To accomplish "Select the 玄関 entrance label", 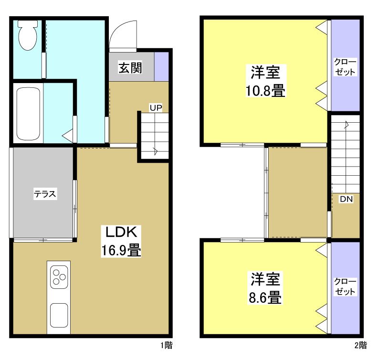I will pyautogui.click(x=130, y=68).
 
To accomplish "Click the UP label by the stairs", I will pyautogui.click(x=156, y=107).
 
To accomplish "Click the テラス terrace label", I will pyautogui.click(x=45, y=194).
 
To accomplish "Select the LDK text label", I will pyautogui.click(x=121, y=233).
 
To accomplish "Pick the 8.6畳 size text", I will pyautogui.click(x=265, y=297).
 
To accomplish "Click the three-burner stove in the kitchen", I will pyautogui.click(x=59, y=278).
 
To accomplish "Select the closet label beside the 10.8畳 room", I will pyautogui.click(x=345, y=67).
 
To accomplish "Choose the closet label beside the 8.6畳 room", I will pyautogui.click(x=345, y=286).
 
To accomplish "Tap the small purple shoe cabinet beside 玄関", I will pyautogui.click(x=161, y=66).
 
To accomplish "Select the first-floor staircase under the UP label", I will pyautogui.click(x=154, y=136).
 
